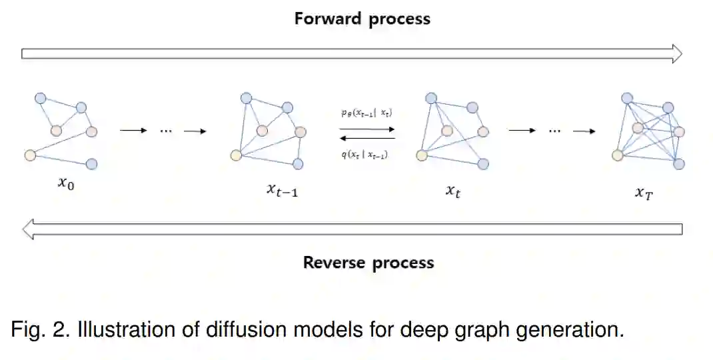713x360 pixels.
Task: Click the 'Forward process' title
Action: pyautogui.click(x=362, y=18)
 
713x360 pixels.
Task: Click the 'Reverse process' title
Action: pyautogui.click(x=368, y=263)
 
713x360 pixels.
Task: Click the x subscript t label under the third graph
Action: pyautogui.click(x=453, y=191)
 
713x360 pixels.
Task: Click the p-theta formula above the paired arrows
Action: pyautogui.click(x=366, y=114)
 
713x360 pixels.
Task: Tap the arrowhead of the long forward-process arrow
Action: pyautogui.click(x=676, y=53)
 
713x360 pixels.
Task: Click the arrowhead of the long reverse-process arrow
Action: pyautogui.click(x=28, y=230)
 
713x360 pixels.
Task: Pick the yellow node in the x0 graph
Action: pyautogui.click(x=29, y=155)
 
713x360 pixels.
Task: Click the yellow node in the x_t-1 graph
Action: pyautogui.click(x=235, y=155)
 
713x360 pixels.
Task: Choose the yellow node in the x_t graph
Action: pyautogui.click(x=421, y=155)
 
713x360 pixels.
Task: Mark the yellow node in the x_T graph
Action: pyautogui.click(x=617, y=155)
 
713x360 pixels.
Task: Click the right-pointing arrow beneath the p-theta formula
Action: pyautogui.click(x=367, y=129)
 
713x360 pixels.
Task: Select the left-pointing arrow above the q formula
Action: pyautogui.click(x=367, y=138)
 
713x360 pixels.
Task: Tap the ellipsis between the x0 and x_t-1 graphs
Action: pyautogui.click(x=166, y=131)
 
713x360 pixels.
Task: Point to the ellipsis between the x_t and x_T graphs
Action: pyautogui.click(x=554, y=131)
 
